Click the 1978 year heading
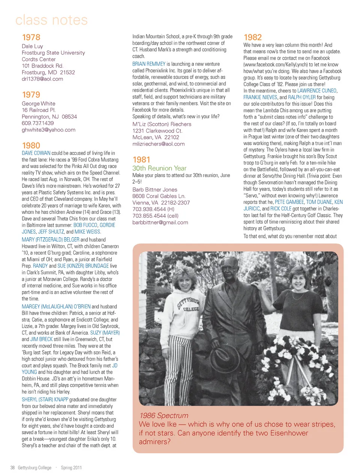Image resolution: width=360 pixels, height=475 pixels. coord(31,37)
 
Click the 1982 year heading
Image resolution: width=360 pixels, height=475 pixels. coord(253,37)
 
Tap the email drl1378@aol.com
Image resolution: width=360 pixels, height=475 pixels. coord(42,79)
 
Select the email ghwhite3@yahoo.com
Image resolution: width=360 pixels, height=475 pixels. coord(48,130)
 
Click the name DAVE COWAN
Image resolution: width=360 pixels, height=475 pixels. coord(36,153)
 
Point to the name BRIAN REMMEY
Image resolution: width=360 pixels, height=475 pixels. coord(149,64)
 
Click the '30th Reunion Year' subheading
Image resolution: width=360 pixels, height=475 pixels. coord(159,168)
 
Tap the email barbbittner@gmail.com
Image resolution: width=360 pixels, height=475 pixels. coord(160,222)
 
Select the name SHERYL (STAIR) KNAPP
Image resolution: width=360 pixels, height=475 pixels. coord(45,400)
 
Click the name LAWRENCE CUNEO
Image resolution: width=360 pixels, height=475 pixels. coord(317,91)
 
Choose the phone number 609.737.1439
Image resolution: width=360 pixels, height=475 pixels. coord(37,123)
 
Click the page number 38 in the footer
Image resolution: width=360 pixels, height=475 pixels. coord(12,467)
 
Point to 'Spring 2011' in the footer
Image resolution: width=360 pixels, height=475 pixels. coord(71,467)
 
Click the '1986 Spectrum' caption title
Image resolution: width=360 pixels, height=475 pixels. coord(163,415)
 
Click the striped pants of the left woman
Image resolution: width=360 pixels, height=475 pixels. coord(180,364)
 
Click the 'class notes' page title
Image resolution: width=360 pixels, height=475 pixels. coord(51,20)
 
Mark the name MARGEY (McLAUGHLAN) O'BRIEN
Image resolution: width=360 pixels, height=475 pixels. coord(56,307)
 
